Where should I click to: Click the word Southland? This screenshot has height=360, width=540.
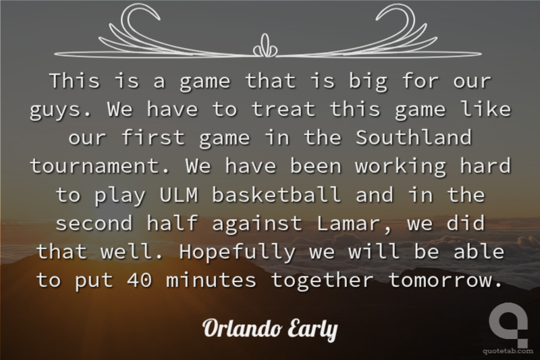[414, 138]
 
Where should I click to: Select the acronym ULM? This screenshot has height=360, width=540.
[179, 195]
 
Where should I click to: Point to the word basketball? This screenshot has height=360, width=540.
[277, 195]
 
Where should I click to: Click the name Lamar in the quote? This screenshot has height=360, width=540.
[349, 223]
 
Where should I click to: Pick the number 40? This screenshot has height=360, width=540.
[140, 280]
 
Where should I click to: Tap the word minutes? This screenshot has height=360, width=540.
[211, 280]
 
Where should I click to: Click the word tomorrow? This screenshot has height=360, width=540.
[445, 280]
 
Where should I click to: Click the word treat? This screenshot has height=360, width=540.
[283, 109]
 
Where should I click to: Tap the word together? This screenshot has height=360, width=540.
[323, 281]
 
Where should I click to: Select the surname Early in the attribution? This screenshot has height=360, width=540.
[312, 330]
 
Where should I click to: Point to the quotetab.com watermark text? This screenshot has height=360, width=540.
[508, 351]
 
